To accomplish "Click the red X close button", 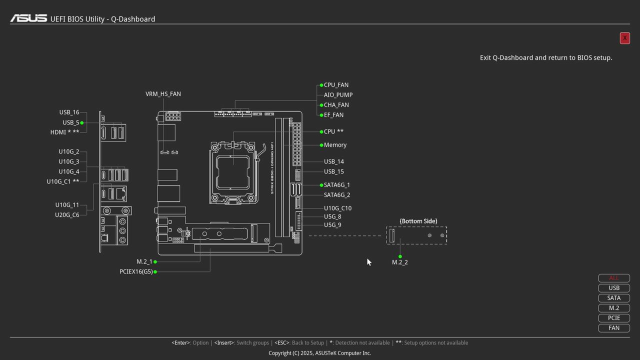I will click(x=624, y=38).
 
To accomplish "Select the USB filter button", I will click(x=614, y=288).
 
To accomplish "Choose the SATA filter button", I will click(x=614, y=298).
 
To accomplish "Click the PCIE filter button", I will click(x=614, y=318).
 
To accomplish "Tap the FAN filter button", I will click(x=614, y=328).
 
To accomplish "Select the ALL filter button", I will click(x=614, y=278).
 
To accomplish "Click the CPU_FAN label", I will click(x=336, y=85).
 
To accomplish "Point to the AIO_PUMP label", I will click(x=338, y=95).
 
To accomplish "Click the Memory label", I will click(x=335, y=145).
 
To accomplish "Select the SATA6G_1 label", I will click(x=337, y=185).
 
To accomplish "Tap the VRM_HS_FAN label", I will click(x=163, y=94).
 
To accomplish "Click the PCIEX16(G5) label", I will click(x=136, y=271).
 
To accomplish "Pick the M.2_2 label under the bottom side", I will click(x=400, y=262).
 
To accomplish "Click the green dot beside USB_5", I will click(x=81, y=122).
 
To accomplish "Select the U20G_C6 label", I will click(x=67, y=215).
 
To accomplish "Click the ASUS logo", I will click(x=28, y=18).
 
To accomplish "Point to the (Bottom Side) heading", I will click(x=418, y=221).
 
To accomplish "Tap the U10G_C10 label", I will click(x=337, y=208).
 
